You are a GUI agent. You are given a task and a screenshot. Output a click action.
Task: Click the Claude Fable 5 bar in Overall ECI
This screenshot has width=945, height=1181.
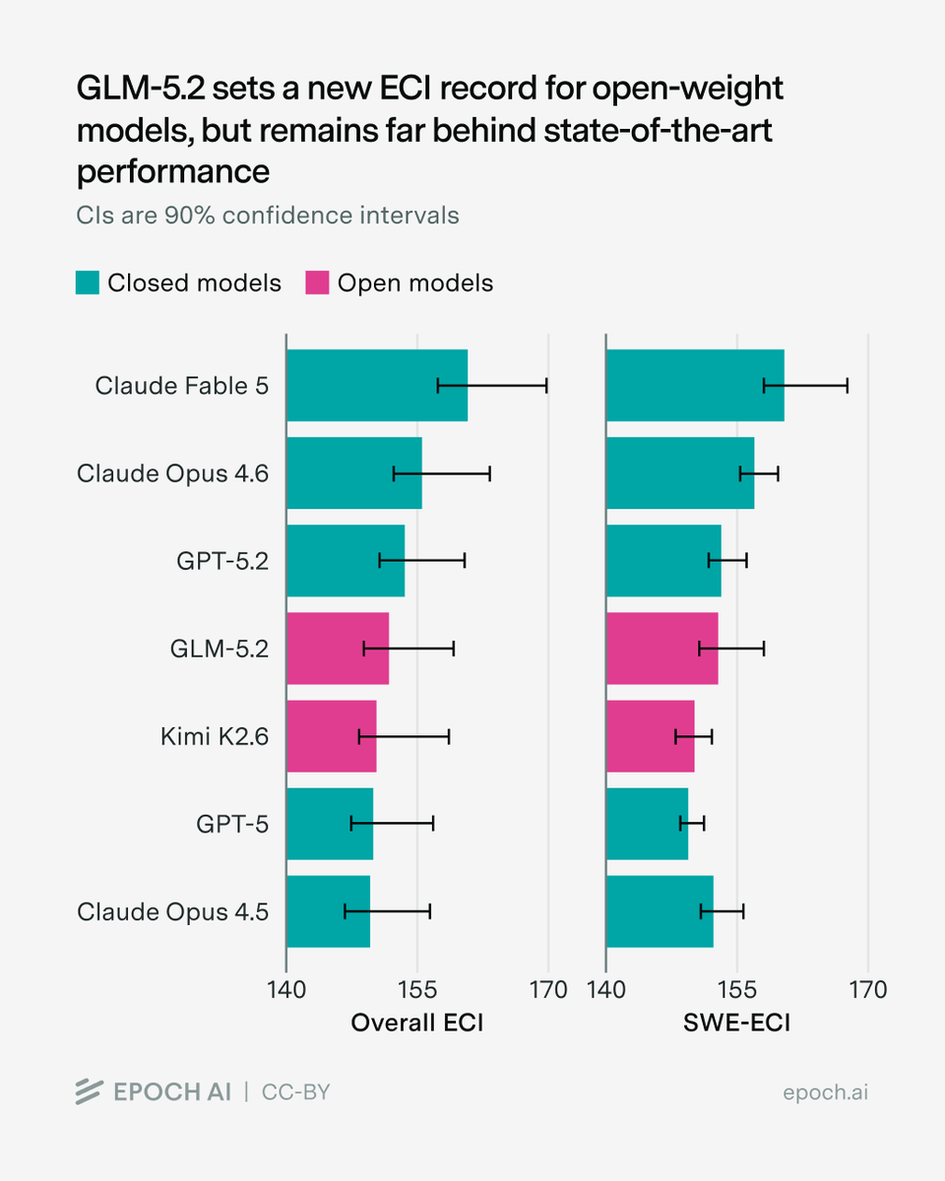[377, 385]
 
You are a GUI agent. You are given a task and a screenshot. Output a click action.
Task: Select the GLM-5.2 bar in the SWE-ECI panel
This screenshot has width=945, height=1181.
[662, 649]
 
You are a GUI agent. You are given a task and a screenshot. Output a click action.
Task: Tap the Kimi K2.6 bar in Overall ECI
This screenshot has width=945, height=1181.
[332, 736]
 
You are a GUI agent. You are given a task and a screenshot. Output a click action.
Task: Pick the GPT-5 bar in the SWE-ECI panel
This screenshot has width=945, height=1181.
[648, 824]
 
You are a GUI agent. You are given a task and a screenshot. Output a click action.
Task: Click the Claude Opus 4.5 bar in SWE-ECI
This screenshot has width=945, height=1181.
[660, 911]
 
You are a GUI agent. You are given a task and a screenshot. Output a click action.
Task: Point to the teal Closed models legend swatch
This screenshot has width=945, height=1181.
[88, 282]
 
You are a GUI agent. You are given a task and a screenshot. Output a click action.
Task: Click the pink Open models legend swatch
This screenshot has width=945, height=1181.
[317, 282]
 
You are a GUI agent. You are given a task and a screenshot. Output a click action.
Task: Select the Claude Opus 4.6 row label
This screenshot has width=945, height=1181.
[173, 473]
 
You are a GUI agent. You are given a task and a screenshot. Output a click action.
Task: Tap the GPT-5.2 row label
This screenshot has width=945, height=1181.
[222, 561]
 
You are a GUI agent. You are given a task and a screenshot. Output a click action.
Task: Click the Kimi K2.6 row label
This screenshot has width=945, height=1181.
[215, 736]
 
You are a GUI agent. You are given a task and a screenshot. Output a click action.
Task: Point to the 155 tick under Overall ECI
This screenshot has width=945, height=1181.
[417, 990]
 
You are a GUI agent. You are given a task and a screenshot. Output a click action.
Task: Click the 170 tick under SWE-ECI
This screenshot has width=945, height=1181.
[868, 990]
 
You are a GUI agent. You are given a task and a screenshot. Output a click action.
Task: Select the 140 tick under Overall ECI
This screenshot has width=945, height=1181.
[286, 990]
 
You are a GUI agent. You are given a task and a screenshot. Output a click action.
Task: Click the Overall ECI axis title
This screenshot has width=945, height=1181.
[417, 1023]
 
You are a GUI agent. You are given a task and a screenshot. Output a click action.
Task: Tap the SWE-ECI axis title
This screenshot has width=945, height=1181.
[737, 1023]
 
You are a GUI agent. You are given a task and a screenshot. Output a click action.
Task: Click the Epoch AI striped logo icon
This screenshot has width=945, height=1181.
[89, 1092]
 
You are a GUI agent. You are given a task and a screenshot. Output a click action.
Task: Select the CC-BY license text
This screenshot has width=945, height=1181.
[296, 1092]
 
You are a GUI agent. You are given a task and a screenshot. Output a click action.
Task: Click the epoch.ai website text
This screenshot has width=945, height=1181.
[825, 1092]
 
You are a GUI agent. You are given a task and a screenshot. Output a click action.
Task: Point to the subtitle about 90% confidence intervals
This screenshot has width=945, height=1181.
[268, 216]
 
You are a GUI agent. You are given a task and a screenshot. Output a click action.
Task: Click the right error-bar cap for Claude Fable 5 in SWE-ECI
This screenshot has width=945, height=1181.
[848, 386]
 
